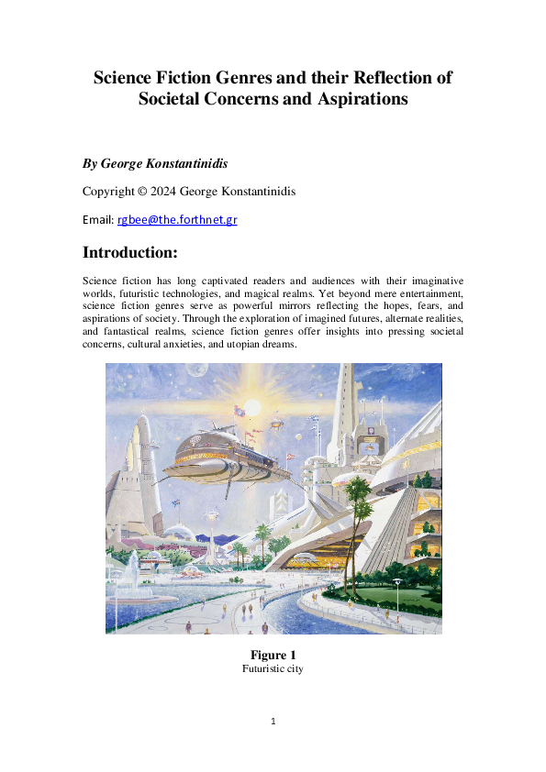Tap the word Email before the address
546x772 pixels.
pyautogui.click(x=97, y=220)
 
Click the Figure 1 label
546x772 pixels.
pyautogui.click(x=273, y=655)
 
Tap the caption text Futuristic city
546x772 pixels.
pyautogui.click(x=273, y=669)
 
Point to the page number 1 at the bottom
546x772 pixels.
pyautogui.click(x=273, y=721)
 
